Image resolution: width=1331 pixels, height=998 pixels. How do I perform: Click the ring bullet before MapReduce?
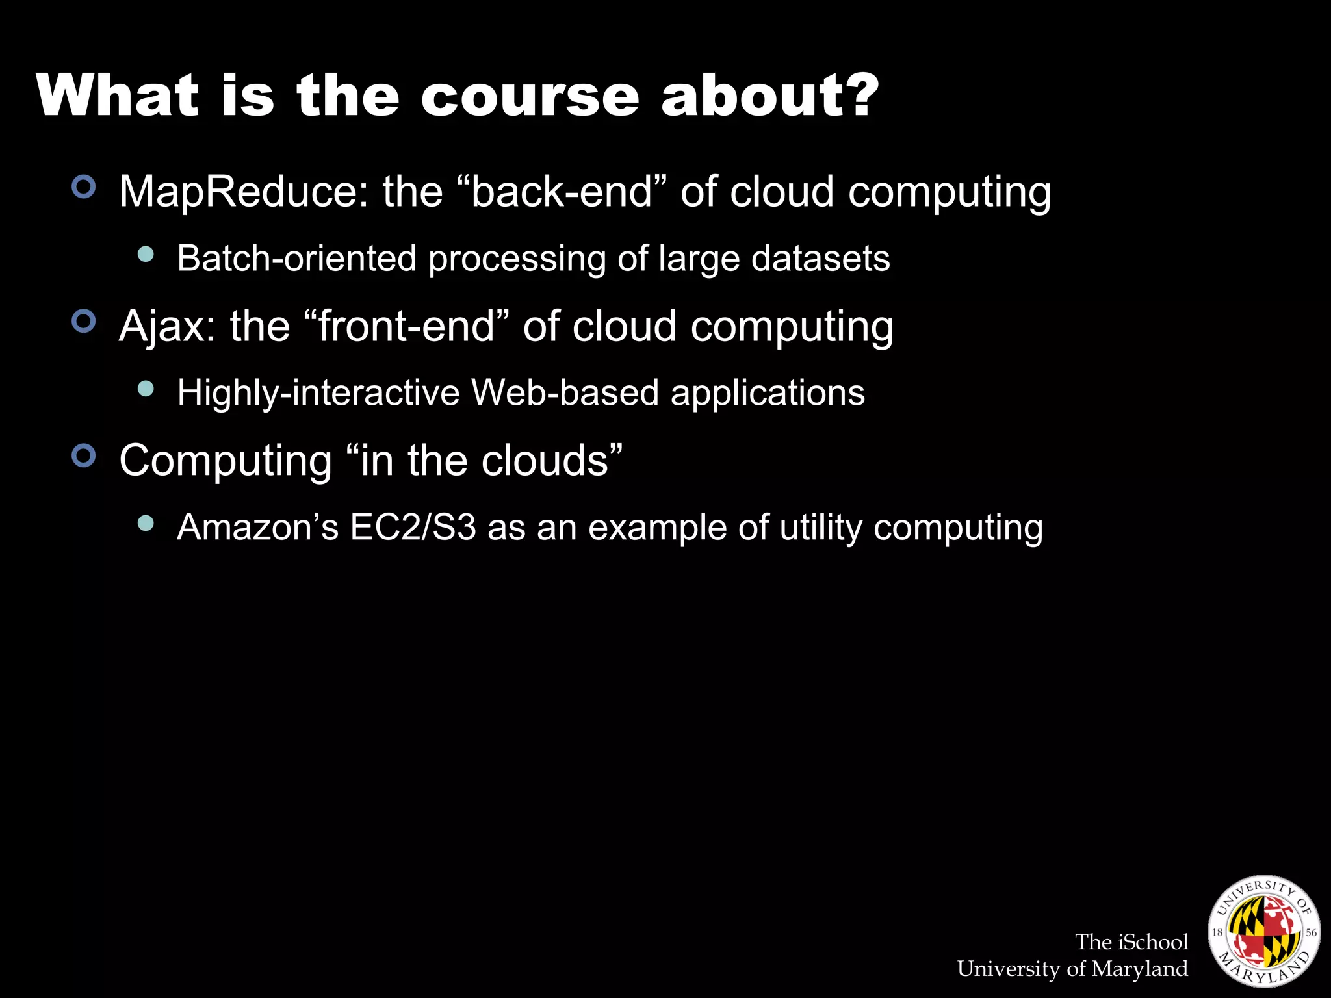84,187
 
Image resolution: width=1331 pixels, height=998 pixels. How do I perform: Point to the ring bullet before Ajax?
84,321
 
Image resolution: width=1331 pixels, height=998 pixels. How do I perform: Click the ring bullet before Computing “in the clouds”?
84,455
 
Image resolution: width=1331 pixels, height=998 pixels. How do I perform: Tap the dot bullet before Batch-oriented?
146,254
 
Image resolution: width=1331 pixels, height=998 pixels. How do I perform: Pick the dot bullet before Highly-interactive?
146,389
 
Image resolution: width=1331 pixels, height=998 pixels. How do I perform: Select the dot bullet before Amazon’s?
146,523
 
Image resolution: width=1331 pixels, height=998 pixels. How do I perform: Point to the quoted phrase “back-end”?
562,192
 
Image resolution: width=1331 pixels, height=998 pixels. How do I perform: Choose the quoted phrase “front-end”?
406,326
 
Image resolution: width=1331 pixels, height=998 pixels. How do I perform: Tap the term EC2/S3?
413,527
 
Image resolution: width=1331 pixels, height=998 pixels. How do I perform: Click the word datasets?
820,259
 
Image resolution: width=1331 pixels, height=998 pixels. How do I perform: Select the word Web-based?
565,393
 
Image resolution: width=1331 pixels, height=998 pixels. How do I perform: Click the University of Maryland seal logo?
1263,930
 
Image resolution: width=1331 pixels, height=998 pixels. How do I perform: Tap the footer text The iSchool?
1131,941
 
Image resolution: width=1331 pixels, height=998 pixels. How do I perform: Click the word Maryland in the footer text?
1139,969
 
